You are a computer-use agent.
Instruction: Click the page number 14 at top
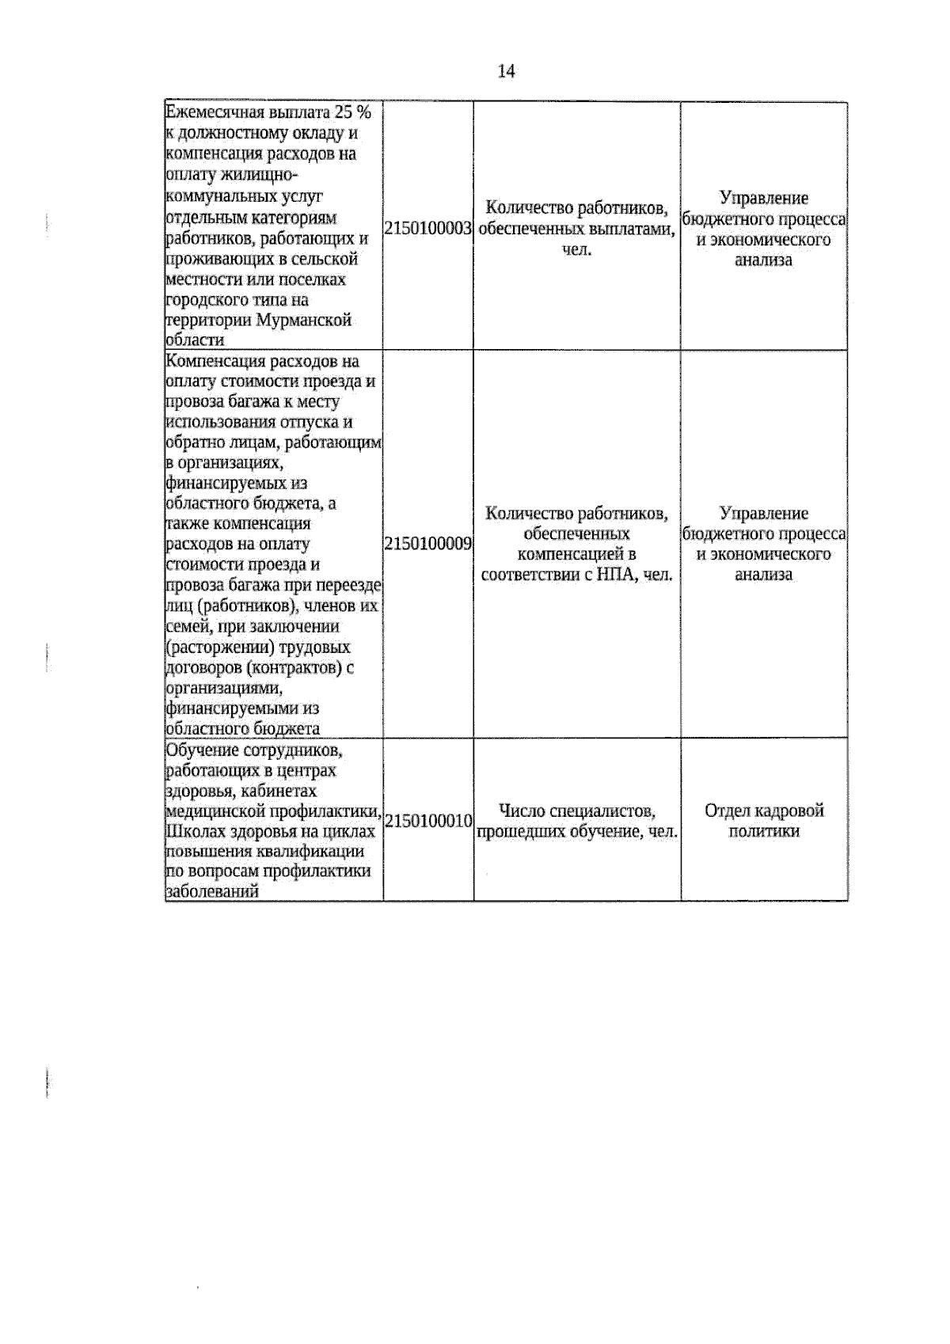pos(506,71)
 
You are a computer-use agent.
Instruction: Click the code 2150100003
pos(428,229)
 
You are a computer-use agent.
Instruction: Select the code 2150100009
pos(428,544)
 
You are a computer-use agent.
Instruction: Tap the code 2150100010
pos(428,820)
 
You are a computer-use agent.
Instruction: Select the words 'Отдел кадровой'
pos(764,811)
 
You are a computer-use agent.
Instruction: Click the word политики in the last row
pos(764,831)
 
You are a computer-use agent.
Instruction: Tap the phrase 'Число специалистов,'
pos(577,811)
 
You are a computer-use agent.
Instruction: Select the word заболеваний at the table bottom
pos(212,892)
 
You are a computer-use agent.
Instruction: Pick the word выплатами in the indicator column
pos(633,230)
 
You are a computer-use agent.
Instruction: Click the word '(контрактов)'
pos(297,668)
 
